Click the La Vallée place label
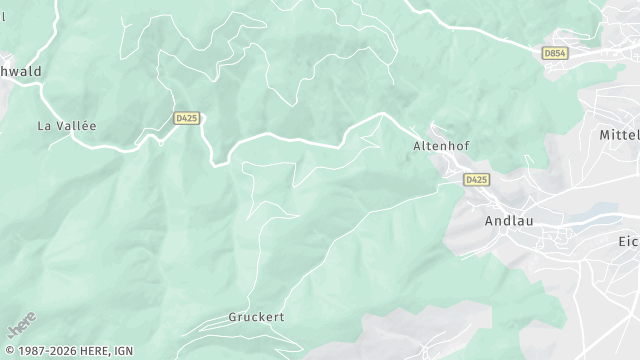pos(66,126)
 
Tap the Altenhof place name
pos(441,146)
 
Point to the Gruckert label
pos(256,317)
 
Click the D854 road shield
pos(555,52)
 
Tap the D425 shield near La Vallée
pos(186,118)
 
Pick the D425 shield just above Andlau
pos(477,180)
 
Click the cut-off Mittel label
pos(618,134)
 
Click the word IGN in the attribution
pos(123,351)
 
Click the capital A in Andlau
pos(489,221)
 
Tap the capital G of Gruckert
pos(232,317)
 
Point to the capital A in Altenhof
pos(418,146)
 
